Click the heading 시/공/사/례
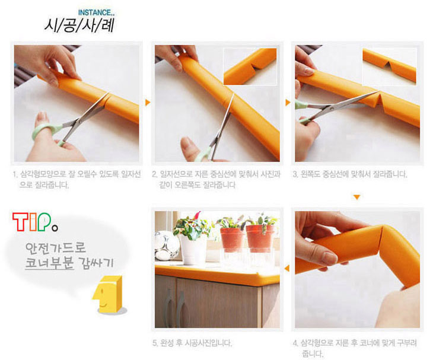(79, 26)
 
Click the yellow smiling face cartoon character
(108, 294)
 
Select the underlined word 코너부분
(49, 263)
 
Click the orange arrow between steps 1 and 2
(148, 103)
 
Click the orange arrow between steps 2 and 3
(288, 103)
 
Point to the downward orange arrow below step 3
(357, 197)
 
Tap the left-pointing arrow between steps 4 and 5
(287, 268)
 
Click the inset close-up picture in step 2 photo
(250, 66)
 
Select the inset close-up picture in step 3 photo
(389, 66)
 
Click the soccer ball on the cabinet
(167, 246)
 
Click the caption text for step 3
(350, 174)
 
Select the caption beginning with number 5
(192, 343)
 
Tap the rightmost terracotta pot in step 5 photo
(260, 239)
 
